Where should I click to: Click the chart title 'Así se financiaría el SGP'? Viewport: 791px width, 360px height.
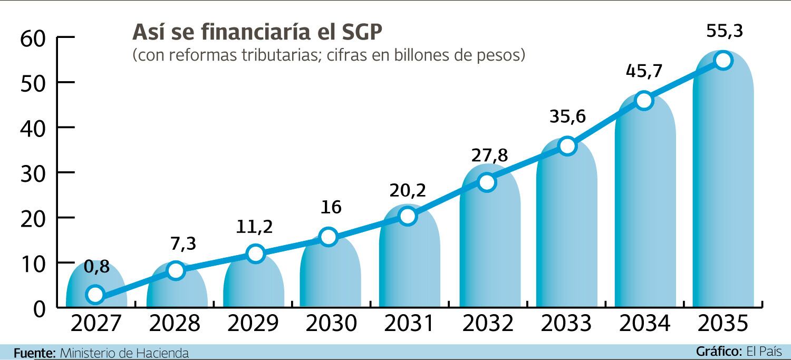[x=257, y=32]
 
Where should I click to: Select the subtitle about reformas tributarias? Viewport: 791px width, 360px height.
[x=329, y=55]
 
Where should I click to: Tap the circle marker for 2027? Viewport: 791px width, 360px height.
[x=95, y=294]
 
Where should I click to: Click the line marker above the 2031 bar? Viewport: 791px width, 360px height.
[x=408, y=216]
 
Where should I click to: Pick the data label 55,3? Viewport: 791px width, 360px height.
[x=725, y=32]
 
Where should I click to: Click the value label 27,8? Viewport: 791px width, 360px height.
[x=489, y=155]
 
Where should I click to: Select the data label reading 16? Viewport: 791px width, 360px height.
[x=331, y=207]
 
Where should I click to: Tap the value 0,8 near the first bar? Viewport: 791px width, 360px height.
[x=97, y=267]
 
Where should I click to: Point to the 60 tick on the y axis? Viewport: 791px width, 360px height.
[x=34, y=38]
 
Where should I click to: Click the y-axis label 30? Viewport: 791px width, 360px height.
[x=34, y=173]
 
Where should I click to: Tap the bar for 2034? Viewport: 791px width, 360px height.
[x=645, y=211]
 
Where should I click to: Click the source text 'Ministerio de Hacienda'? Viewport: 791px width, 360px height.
[x=124, y=353]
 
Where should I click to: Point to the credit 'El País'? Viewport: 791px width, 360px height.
[x=764, y=352]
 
